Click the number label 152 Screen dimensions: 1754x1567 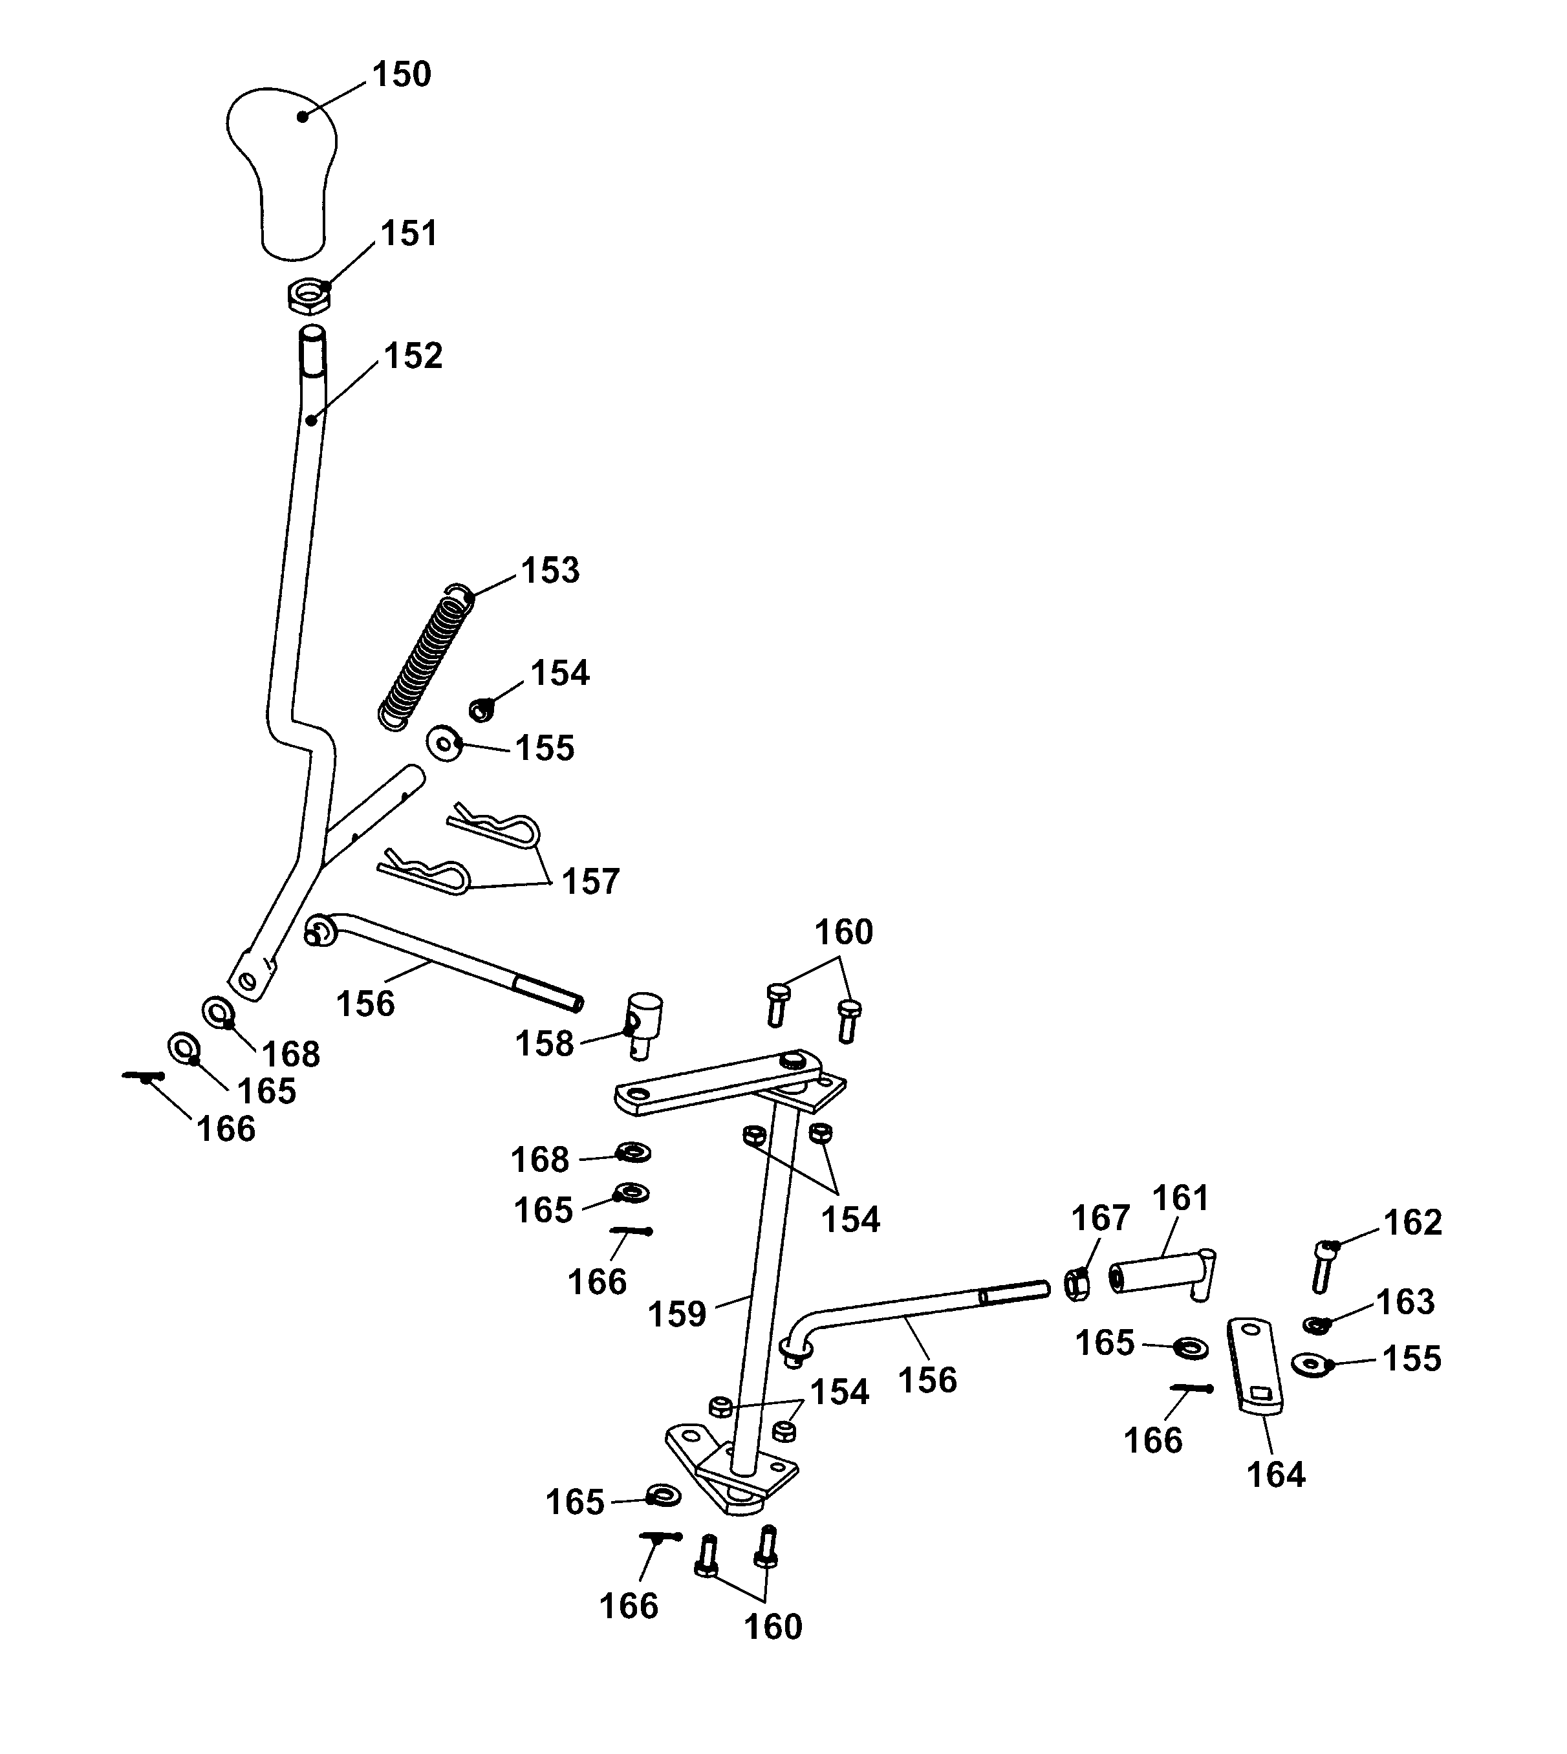pyautogui.click(x=413, y=356)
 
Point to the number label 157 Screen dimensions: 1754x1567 pyautogui.click(x=590, y=882)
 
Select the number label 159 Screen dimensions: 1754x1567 pyautogui.click(x=676, y=1315)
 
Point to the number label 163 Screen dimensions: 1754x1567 pyautogui.click(x=1405, y=1302)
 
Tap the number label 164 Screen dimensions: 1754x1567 pyautogui.click(x=1276, y=1475)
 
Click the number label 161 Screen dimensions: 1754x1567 pyautogui.click(x=1180, y=1198)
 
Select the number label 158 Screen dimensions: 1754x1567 pyautogui.click(x=544, y=1045)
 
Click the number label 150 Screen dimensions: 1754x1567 pyautogui.click(x=401, y=75)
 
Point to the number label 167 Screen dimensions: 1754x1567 pyautogui.click(x=1099, y=1218)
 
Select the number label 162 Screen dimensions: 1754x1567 pyautogui.click(x=1412, y=1223)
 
